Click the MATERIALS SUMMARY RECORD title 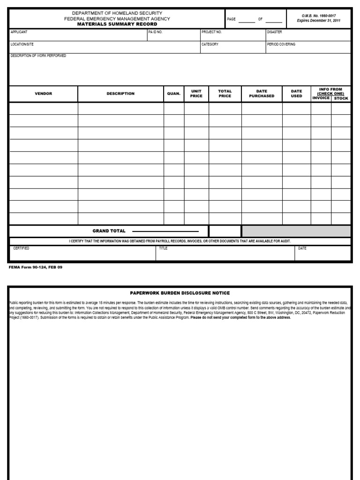click(117, 24)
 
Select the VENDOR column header click(44, 94)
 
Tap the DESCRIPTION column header click(120, 94)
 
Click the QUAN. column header click(174, 94)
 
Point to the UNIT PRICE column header click(196, 94)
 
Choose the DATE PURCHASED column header click(262, 94)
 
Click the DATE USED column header click(297, 94)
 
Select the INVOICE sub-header click(321, 98)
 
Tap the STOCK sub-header click(341, 98)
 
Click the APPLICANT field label click(19, 32)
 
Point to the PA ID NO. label click(155, 32)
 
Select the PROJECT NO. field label click(211, 32)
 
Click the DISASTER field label click(275, 32)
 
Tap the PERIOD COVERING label click(281, 44)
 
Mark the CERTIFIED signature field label click(21, 248)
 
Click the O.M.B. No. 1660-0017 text click(319, 15)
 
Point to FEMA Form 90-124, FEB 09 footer click(35, 267)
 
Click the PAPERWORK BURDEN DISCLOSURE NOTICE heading click(180, 292)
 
